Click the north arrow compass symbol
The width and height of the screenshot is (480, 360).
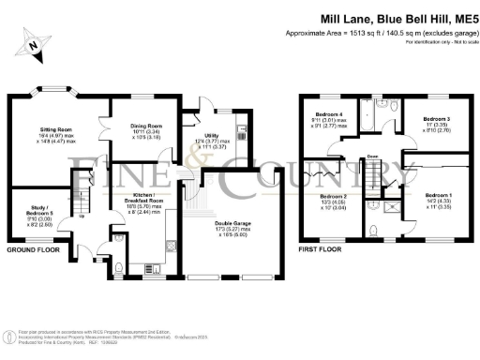[35, 42]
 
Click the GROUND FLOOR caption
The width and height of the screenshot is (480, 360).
[33, 250]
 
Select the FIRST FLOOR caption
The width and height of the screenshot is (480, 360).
[318, 250]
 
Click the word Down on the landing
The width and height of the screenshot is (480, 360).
[372, 157]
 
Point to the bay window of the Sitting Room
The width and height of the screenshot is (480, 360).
[51, 89]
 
